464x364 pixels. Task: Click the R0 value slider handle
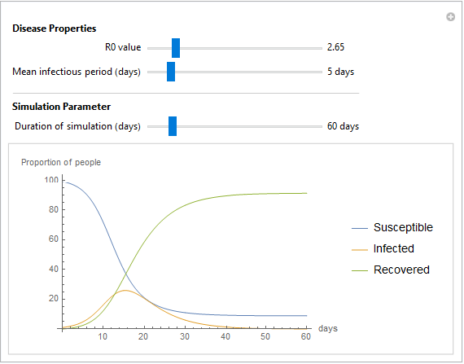[x=176, y=48]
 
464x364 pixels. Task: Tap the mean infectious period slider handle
[x=171, y=72]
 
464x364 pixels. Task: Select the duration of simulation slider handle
[x=173, y=126]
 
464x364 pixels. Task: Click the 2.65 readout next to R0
[x=335, y=47]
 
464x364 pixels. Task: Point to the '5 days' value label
[x=340, y=72]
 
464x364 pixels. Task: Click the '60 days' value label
[x=343, y=126]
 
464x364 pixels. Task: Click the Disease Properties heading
[x=55, y=29]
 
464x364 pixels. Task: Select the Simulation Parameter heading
[x=61, y=107]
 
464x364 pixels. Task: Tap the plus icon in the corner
[x=450, y=17]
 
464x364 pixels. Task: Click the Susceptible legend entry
[x=392, y=227]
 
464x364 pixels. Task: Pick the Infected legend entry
[x=383, y=248]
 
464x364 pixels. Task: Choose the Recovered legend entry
[x=391, y=270]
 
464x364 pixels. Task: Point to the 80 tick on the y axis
[x=54, y=209]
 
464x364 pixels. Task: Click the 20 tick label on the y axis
[x=54, y=298]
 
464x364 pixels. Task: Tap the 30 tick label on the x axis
[x=185, y=337]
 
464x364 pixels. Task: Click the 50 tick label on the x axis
[x=265, y=337]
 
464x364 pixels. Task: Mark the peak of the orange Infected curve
[x=125, y=291]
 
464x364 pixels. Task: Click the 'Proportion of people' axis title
[x=61, y=163]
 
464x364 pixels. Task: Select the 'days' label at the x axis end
[x=328, y=328]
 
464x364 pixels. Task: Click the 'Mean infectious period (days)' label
[x=77, y=72]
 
